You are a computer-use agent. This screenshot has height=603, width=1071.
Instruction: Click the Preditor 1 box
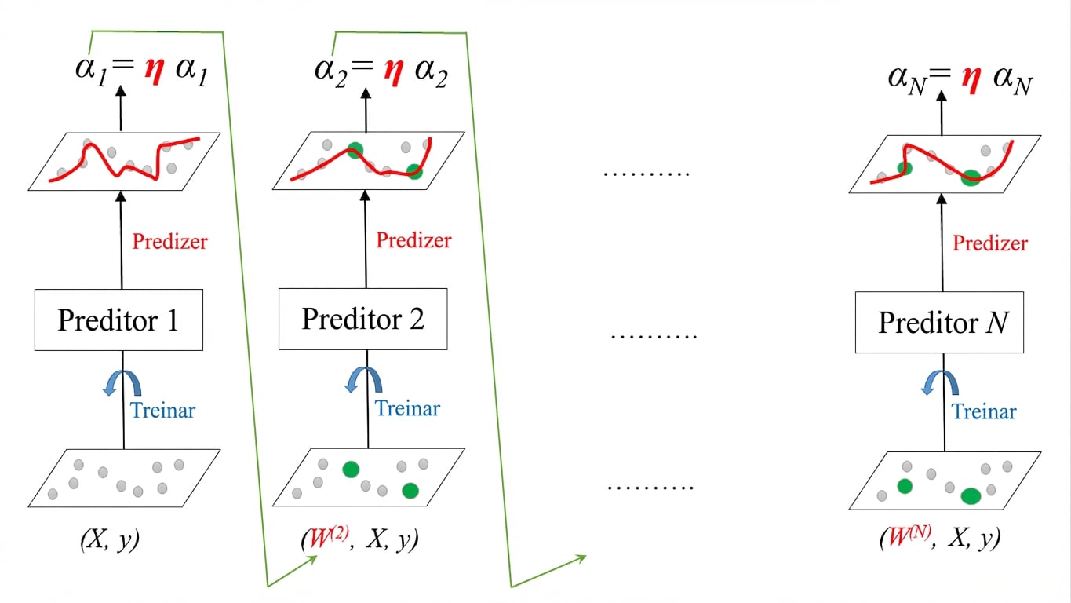coord(118,320)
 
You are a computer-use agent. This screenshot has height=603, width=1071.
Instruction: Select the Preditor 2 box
coord(363,319)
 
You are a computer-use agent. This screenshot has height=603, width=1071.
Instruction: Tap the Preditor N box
coord(939,322)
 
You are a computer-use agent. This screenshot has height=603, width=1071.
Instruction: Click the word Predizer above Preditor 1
coord(169,241)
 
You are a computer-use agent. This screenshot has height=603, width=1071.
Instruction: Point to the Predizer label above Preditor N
coord(990,243)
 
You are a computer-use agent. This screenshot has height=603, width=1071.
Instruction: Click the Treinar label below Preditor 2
coord(407,409)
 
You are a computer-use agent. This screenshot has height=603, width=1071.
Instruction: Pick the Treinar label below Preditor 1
coord(163,411)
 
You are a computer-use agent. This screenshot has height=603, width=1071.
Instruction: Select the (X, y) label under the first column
coord(110,540)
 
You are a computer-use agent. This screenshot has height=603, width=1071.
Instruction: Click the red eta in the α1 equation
coord(155,71)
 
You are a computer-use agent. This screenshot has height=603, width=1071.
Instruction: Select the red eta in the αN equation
coord(972,79)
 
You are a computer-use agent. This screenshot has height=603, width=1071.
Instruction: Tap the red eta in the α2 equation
coord(394,72)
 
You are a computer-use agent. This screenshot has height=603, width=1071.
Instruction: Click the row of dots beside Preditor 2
coord(654,337)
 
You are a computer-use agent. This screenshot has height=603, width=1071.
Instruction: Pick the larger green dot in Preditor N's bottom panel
coord(971,496)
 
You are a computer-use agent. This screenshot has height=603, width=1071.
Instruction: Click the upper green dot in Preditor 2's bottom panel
coord(351,470)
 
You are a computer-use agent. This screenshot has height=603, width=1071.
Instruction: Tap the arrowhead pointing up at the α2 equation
coord(366,93)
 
